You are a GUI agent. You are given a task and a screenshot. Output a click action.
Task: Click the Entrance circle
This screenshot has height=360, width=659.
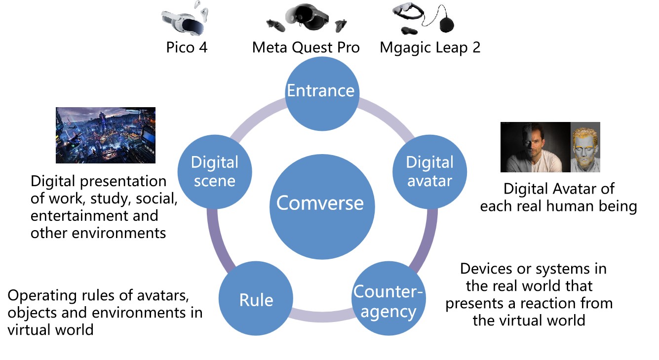[x=321, y=91]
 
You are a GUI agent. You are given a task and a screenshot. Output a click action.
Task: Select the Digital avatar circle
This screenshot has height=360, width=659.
[x=429, y=171]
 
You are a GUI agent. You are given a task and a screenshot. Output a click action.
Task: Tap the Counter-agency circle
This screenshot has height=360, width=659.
[x=388, y=301]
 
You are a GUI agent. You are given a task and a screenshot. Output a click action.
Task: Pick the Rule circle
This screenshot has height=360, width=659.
[x=256, y=300]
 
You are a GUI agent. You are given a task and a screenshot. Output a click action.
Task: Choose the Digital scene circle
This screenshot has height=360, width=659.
[x=214, y=171]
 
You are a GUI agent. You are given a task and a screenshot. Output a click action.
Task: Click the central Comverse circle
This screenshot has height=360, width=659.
[x=320, y=203]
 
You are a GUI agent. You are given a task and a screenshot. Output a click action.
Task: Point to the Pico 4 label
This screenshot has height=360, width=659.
[x=187, y=48]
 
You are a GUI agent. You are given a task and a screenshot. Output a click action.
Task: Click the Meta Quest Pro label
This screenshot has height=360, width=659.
[x=306, y=48]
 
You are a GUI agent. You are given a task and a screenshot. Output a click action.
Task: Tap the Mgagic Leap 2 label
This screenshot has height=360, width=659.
[x=430, y=48]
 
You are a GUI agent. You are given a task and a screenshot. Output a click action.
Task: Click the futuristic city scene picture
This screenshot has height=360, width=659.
[x=106, y=135]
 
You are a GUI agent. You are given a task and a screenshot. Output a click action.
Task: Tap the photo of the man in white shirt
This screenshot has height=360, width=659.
[x=536, y=147]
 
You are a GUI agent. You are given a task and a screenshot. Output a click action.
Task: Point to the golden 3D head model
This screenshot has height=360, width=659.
[x=585, y=147]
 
